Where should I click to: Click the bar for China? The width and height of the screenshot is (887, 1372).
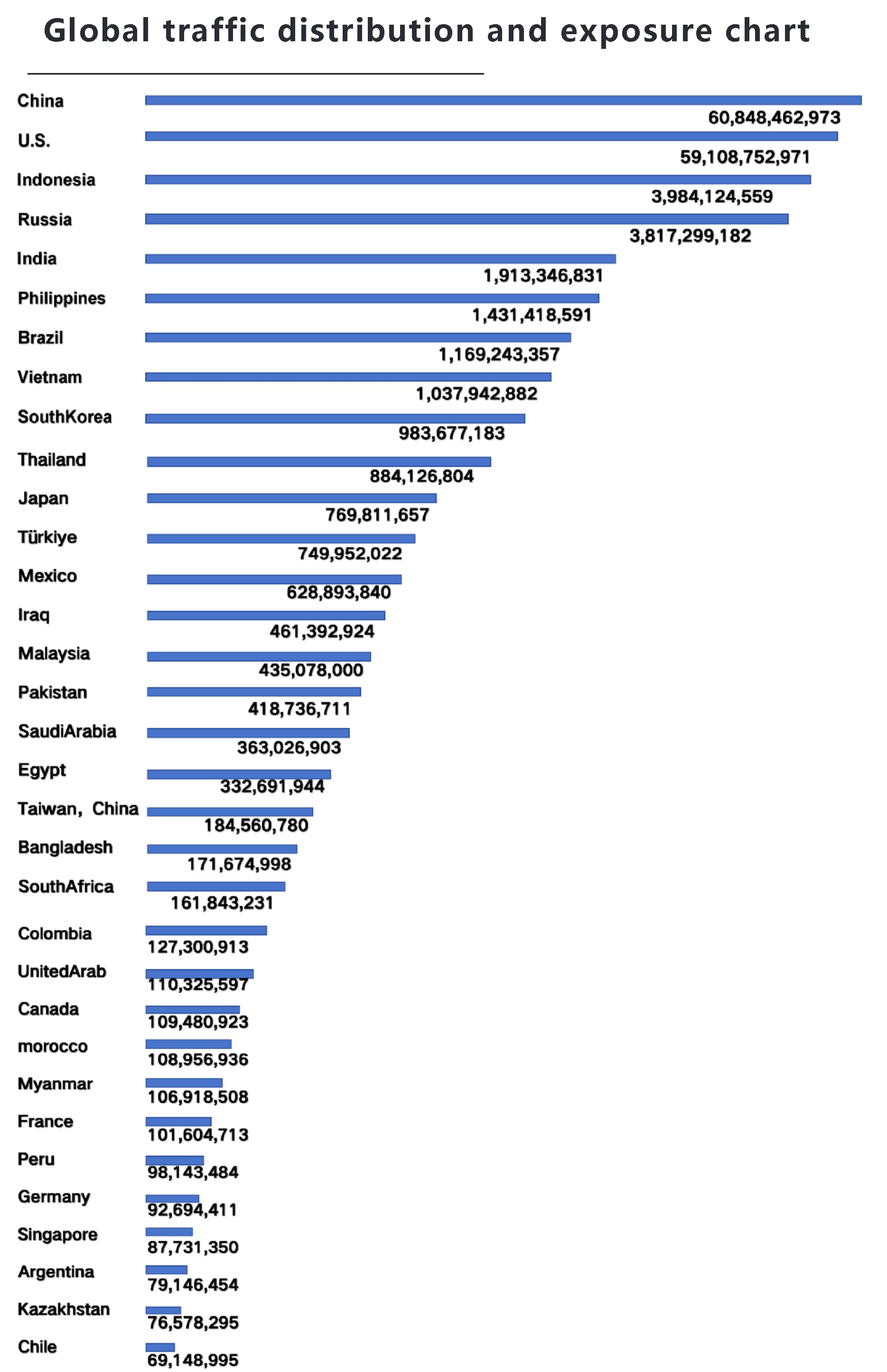point(503,100)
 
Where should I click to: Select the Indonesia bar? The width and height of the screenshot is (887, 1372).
point(477,180)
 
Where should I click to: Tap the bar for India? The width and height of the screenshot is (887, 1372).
point(380,259)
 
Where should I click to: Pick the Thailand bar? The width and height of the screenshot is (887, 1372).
point(318,461)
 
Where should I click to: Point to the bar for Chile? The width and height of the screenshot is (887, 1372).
point(160,1347)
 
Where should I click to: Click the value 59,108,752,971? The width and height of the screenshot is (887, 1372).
point(745,157)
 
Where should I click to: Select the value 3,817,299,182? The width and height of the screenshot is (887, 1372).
point(690,235)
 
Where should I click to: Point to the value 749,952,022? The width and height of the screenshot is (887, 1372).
point(350,553)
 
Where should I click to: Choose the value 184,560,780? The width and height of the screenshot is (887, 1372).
point(256,825)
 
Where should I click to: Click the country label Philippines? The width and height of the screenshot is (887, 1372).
point(62,299)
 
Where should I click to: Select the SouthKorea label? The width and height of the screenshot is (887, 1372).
point(65,417)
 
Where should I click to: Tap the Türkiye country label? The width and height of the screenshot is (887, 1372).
point(47,537)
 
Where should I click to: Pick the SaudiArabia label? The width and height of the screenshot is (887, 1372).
point(67,731)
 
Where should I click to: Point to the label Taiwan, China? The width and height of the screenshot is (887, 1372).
point(78,809)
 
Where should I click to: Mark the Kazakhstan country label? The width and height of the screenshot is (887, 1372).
point(64,1309)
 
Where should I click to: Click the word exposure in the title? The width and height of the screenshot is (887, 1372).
point(636,31)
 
